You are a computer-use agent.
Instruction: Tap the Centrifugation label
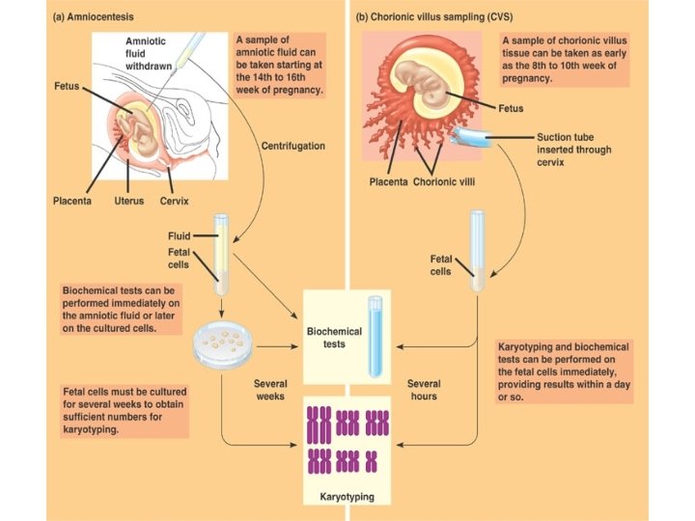293,146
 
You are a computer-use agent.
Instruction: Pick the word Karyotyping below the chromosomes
346,498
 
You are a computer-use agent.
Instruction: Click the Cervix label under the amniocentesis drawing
175,201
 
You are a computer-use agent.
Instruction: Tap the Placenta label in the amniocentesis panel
72,201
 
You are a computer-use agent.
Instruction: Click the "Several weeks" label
269,390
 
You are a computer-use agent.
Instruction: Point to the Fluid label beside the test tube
180,234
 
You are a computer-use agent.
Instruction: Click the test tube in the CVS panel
478,251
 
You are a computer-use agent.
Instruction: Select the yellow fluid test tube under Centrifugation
221,254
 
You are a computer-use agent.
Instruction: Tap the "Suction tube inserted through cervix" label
573,150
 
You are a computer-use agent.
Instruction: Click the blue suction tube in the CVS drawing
479,138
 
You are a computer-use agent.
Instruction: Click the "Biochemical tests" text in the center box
334,338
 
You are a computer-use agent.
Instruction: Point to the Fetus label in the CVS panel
512,108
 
